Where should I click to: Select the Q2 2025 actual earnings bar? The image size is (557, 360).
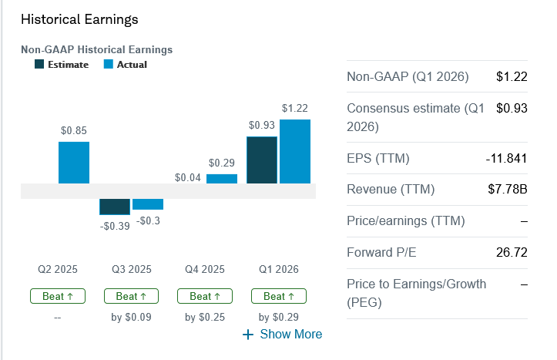tap(74, 163)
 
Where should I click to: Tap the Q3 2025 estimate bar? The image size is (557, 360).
tap(115, 207)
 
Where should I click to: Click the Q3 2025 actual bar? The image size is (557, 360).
tap(148, 204)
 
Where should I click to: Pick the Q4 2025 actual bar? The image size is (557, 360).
tap(222, 179)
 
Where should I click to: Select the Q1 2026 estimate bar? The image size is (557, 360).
tap(262, 160)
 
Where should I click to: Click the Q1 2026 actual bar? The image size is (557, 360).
tap(295, 152)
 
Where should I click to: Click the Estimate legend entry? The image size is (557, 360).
tap(62, 65)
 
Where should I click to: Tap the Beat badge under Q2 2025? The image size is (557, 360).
tap(58, 296)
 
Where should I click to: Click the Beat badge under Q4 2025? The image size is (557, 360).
tap(205, 296)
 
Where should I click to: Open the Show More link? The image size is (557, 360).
tap(283, 334)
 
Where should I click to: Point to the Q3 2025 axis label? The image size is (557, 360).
tap(131, 269)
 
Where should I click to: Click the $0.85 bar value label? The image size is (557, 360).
tap(74, 130)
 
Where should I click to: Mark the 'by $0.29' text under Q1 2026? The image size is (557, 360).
tap(279, 317)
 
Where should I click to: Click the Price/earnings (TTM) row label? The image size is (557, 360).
tap(406, 221)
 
